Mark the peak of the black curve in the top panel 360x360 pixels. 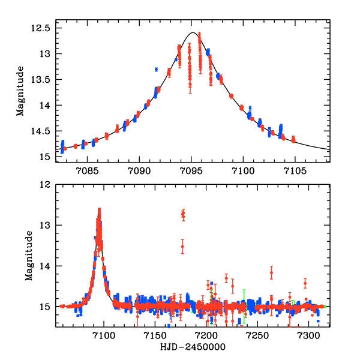click(192, 33)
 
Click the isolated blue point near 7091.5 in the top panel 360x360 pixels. click(156, 70)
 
